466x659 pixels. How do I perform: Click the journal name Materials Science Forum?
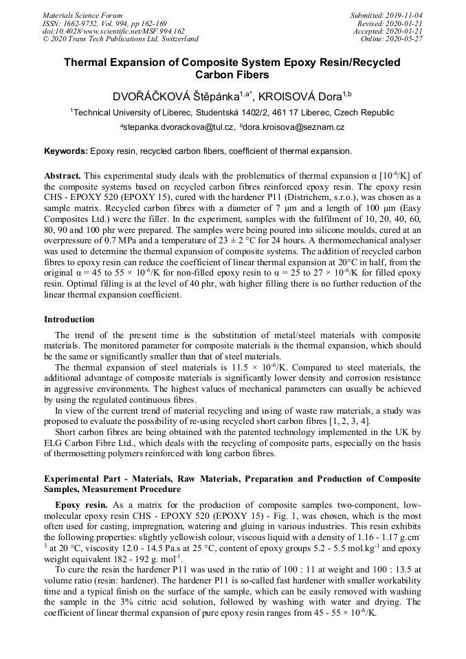(82, 14)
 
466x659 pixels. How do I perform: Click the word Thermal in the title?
(88, 63)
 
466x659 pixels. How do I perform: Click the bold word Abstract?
(63, 176)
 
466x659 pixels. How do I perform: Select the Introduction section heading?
(69, 320)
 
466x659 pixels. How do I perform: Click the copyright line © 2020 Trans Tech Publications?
(120, 39)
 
